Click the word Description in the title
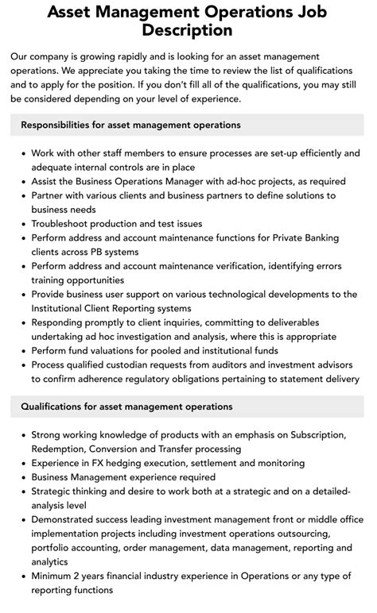coord(188,30)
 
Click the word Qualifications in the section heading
coord(58,407)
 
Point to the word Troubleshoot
coord(65,224)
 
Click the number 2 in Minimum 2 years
coord(84,576)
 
